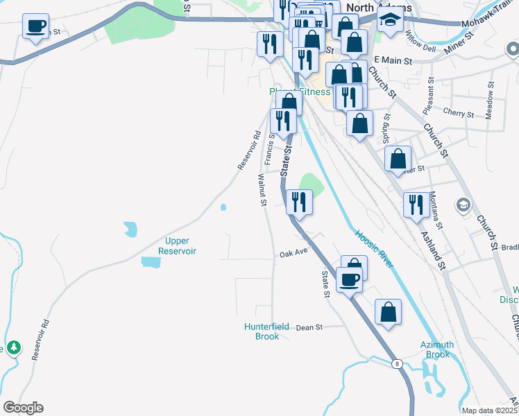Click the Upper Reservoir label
177,245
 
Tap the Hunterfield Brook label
262,331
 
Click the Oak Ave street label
293,254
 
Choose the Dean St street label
309,327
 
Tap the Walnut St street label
263,191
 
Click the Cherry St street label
458,113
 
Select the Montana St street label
435,209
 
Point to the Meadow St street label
490,101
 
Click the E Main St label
393,61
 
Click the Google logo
23,408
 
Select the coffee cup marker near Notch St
35,27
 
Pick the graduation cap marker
390,22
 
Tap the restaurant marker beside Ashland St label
416,205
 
